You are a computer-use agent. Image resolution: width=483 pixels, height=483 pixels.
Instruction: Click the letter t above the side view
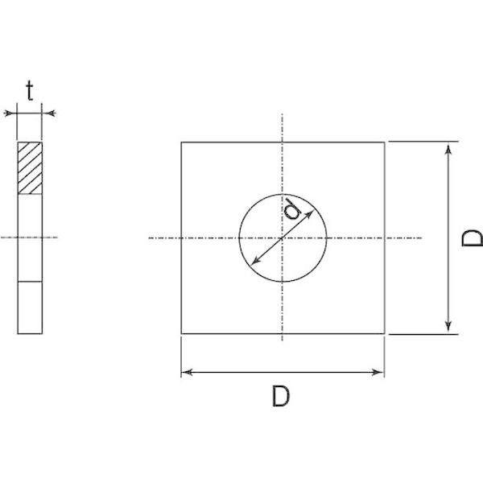(30, 90)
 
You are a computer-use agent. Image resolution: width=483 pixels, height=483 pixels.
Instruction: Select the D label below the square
(281, 396)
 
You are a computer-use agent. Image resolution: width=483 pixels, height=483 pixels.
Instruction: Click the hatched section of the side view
(30, 168)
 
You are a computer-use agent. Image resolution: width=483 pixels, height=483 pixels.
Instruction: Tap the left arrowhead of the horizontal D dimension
(187, 373)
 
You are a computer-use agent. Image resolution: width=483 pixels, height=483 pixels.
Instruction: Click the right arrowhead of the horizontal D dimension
(378, 373)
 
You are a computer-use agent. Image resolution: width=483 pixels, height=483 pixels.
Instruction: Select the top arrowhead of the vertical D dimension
(448, 149)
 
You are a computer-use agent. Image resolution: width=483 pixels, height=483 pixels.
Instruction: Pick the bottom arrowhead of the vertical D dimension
(448, 326)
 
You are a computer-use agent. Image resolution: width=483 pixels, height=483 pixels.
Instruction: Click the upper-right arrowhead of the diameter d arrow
(309, 214)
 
